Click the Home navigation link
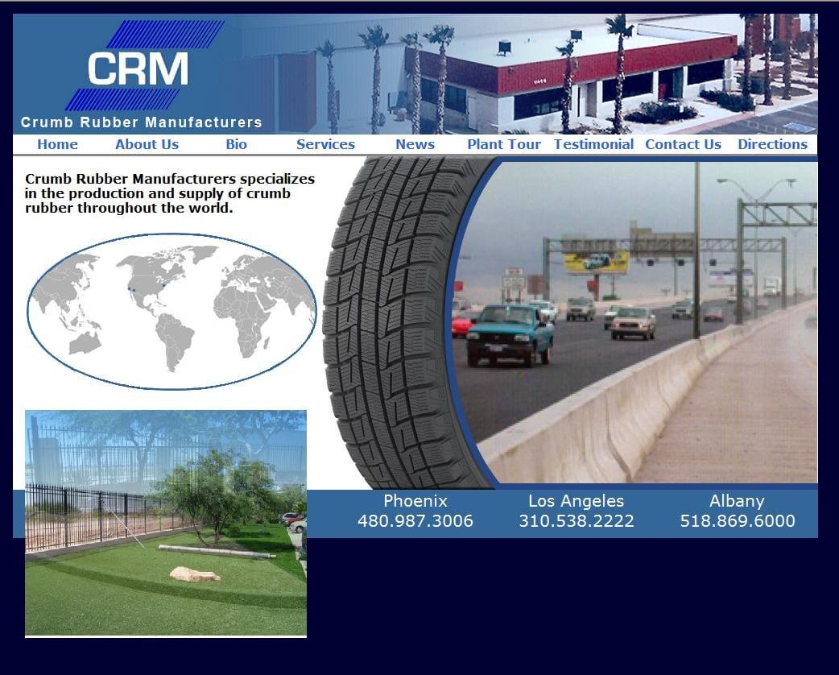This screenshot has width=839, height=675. [x=57, y=144]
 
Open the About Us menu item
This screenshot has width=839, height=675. [x=147, y=144]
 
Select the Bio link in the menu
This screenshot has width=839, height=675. [x=236, y=144]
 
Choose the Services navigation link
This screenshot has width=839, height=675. [x=325, y=144]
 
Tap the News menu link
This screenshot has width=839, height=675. [x=415, y=144]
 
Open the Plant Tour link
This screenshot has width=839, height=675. [x=504, y=144]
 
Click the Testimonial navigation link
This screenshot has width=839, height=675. [x=593, y=144]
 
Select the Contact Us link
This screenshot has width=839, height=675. [x=683, y=144]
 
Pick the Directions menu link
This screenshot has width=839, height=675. [x=772, y=144]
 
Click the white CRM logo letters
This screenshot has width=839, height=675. [x=138, y=68]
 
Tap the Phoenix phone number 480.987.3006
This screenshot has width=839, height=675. [x=415, y=521]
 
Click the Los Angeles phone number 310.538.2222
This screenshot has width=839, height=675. [x=577, y=521]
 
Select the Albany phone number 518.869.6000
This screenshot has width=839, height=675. [x=738, y=521]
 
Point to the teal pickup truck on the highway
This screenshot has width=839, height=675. [x=510, y=335]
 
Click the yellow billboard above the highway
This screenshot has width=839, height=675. [x=596, y=263]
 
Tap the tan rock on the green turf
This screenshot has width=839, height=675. [x=195, y=574]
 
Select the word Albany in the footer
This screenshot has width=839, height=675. [x=737, y=501]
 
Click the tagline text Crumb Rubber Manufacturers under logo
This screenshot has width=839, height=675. [x=141, y=122]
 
